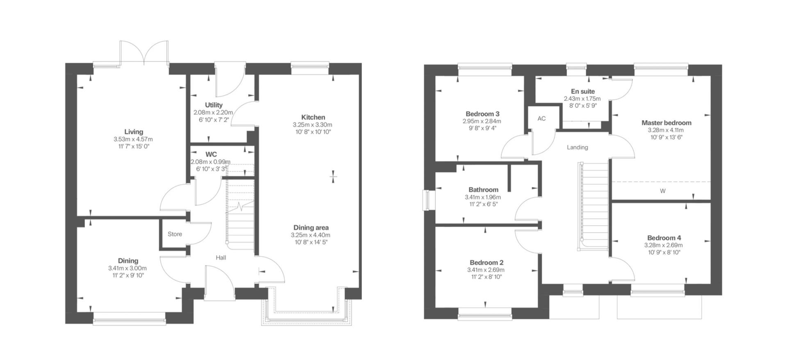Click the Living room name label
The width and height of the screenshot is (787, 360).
(x=134, y=132)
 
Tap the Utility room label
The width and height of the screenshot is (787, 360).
(x=214, y=105)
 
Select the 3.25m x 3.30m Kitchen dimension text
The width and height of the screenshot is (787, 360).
(x=312, y=125)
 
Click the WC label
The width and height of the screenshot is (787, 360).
(x=211, y=154)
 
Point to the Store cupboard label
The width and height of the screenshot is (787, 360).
(x=175, y=234)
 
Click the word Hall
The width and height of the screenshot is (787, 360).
(x=221, y=257)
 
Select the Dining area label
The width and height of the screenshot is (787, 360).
(x=311, y=228)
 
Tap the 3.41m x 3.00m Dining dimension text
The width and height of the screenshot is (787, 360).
(x=127, y=268)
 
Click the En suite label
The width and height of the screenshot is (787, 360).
(x=582, y=91)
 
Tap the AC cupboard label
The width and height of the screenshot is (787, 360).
(x=541, y=118)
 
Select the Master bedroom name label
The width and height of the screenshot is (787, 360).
(x=666, y=123)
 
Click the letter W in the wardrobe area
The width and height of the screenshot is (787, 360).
(x=662, y=191)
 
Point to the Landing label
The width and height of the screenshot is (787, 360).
(x=577, y=147)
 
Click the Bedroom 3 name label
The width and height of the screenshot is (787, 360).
(x=482, y=114)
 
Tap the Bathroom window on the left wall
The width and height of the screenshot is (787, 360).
(x=427, y=201)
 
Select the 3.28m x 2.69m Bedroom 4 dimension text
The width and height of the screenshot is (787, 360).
(x=663, y=245)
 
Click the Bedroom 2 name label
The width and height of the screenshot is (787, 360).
(x=486, y=262)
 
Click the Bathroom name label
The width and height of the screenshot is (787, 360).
(x=483, y=190)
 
